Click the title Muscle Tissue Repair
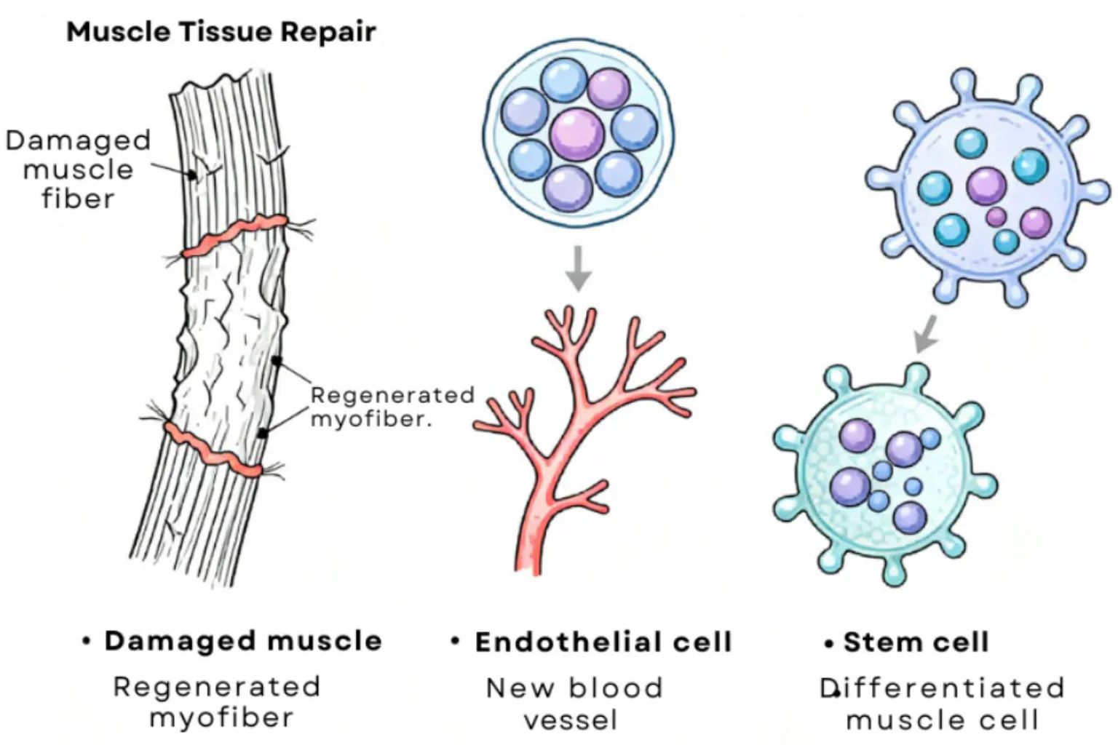221,32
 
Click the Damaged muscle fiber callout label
79,170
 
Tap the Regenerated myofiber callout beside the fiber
392,407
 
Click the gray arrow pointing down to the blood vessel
578,268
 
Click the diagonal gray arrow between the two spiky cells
926,333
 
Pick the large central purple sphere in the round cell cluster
577,134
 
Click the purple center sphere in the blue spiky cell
986,186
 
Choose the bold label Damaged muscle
243,641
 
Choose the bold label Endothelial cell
603,642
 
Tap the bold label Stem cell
916,642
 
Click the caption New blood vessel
574,704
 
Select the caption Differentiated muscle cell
943,704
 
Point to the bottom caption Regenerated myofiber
217,702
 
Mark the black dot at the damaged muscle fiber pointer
191,175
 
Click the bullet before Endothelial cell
455,641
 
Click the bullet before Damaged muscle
87,641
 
